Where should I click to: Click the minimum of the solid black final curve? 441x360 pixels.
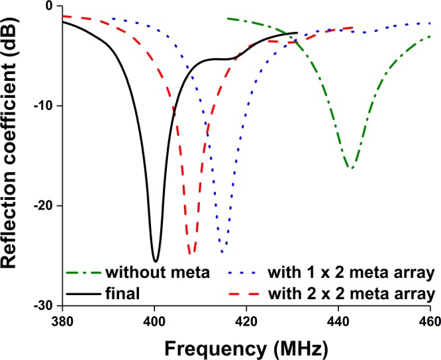point(155,261)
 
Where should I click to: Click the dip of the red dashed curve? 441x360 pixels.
point(190,253)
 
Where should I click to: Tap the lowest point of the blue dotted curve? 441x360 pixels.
point(222,252)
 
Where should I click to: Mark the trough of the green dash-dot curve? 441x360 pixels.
point(351,169)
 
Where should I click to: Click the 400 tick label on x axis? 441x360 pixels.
point(154,318)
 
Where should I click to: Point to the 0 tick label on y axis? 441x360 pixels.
point(48,7)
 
